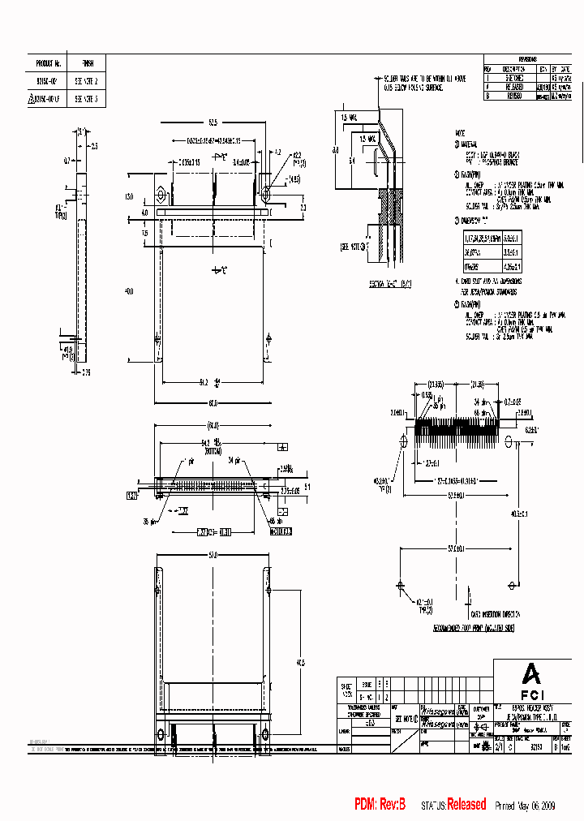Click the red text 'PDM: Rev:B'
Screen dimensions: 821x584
(384, 804)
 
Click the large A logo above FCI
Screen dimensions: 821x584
(530, 673)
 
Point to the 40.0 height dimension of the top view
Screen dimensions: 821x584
(127, 291)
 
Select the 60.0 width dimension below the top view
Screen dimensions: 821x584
(213, 403)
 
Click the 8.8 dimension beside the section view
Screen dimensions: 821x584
(335, 151)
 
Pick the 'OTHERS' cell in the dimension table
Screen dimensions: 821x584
(470, 265)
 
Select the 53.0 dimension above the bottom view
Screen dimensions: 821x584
(213, 555)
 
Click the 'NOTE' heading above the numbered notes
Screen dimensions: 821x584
(460, 131)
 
